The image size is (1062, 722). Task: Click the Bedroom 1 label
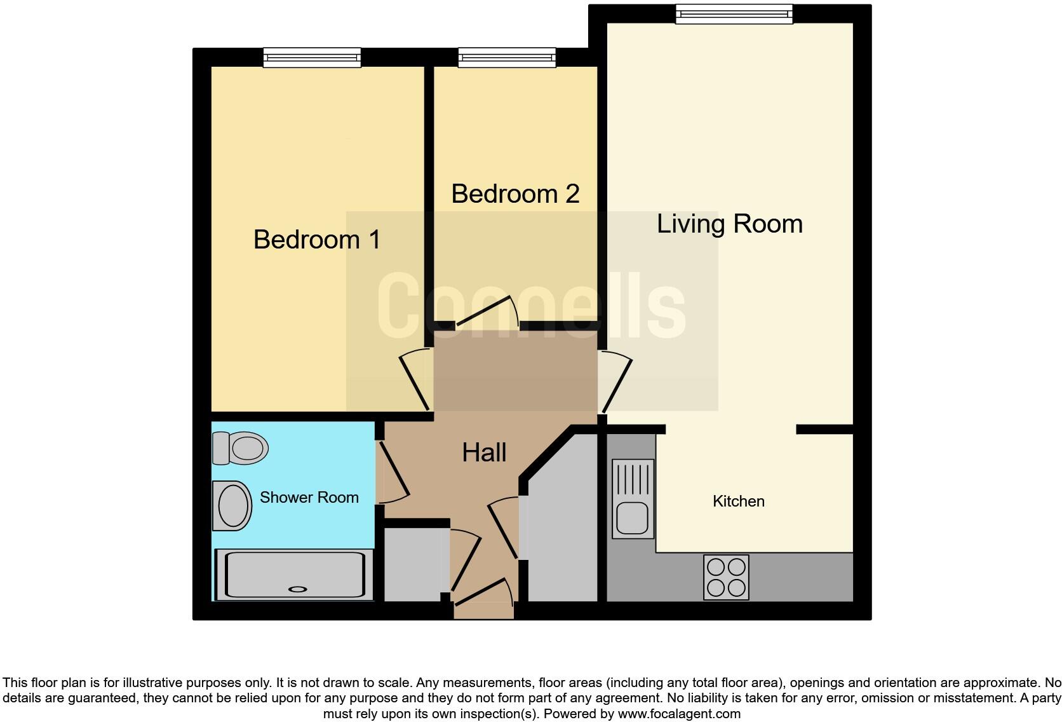[317, 240]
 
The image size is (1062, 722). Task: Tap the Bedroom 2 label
[515, 194]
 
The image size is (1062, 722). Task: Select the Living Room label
[729, 224]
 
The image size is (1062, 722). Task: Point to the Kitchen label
[738, 501]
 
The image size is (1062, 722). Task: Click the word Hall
[484, 453]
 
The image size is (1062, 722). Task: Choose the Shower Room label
[309, 498]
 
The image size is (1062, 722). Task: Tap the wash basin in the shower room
[232, 506]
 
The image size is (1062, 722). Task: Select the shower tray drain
[297, 589]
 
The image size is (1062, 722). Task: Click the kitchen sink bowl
[632, 518]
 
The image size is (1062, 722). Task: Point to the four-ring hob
[726, 577]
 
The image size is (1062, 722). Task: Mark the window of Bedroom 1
[313, 58]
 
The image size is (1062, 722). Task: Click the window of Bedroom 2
[507, 58]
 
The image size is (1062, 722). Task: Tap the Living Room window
[734, 13]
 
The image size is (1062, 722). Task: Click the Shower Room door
[393, 470]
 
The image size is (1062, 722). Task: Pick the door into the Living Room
[615, 385]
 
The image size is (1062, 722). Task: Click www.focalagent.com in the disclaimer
[678, 714]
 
